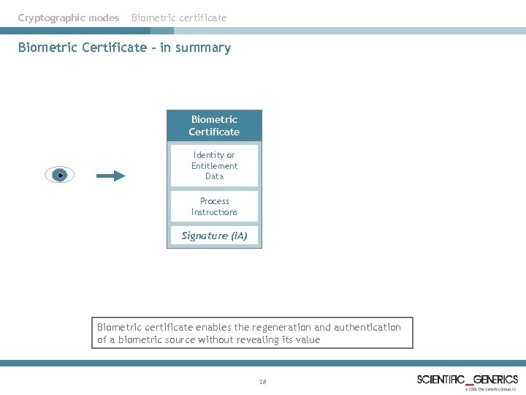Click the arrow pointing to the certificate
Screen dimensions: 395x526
[111, 176]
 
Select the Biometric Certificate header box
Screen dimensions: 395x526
[214, 125]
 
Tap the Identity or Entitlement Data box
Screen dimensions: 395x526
[214, 165]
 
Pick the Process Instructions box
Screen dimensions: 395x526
[214, 206]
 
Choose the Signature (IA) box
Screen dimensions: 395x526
[214, 236]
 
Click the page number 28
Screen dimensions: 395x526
[263, 382]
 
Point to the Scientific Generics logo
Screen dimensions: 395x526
[468, 379]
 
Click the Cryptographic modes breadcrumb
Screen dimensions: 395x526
[69, 18]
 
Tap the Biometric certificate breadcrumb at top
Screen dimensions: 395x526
[179, 18]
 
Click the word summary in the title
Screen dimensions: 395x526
[206, 48]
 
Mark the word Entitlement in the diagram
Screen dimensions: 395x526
[214, 166]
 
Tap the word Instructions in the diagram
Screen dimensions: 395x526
[214, 212]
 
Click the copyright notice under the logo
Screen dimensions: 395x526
[491, 389]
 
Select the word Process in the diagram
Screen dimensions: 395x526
[214, 201]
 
